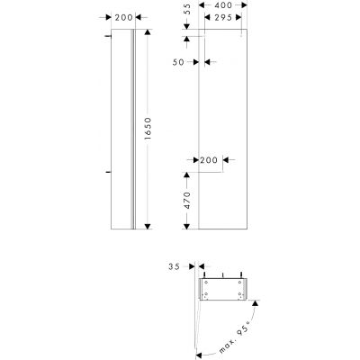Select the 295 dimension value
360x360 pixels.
point(225,17)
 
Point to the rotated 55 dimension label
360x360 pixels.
point(186,12)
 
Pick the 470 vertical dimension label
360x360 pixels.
point(186,201)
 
